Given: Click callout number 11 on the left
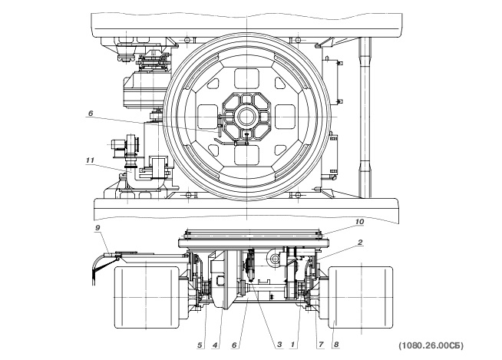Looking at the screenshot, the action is pyautogui.click(x=91, y=160).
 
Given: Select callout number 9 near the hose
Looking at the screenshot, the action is pyautogui.click(x=98, y=227).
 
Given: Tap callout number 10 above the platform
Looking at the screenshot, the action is pyautogui.click(x=359, y=221).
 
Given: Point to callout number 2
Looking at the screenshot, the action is pyautogui.click(x=360, y=242).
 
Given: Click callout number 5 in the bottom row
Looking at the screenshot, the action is pyautogui.click(x=200, y=345).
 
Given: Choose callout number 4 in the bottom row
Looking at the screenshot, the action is pyautogui.click(x=215, y=345).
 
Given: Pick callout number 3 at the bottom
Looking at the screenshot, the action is pyautogui.click(x=279, y=345).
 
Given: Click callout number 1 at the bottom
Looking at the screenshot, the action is pyautogui.click(x=292, y=345).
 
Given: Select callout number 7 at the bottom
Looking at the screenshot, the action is pyautogui.click(x=321, y=345).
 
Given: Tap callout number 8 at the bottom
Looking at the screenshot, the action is pyautogui.click(x=336, y=345).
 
